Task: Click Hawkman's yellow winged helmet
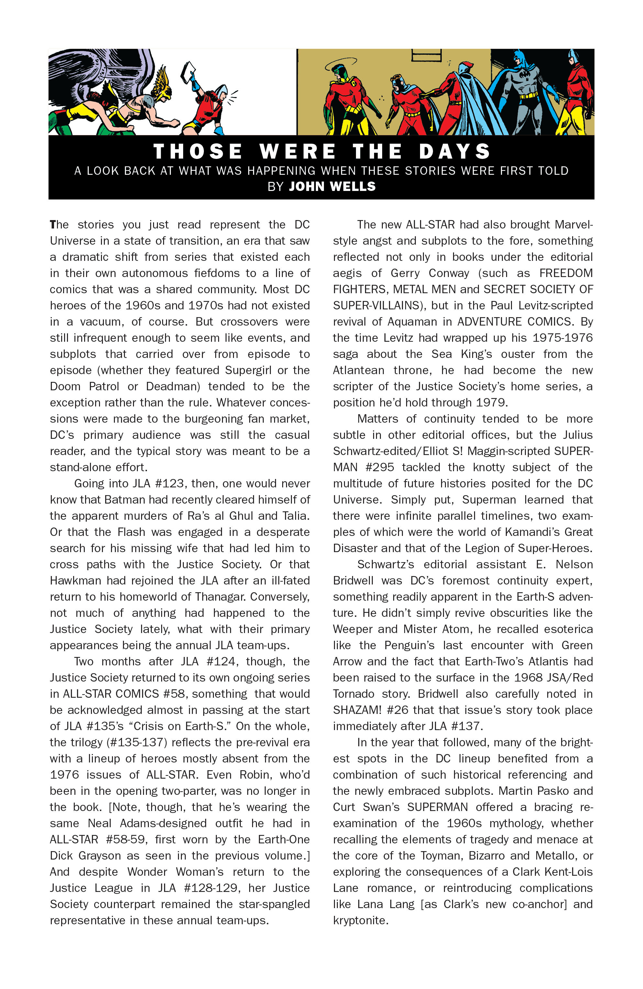click(162, 85)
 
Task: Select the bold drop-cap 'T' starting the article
click(53, 225)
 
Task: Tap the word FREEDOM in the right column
click(566, 273)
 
